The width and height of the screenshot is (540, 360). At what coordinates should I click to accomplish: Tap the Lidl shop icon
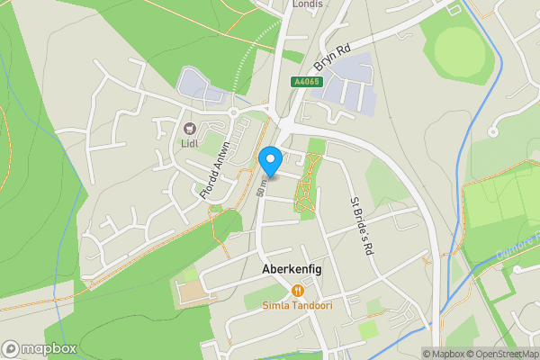pos(190,128)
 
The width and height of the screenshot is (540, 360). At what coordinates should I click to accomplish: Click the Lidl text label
pos(190,142)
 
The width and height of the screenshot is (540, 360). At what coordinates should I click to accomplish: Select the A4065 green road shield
pos(305,82)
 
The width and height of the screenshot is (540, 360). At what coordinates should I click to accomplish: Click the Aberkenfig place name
pos(292,269)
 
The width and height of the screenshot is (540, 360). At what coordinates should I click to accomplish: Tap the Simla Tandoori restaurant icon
pos(297,291)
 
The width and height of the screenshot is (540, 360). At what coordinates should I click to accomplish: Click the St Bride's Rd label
pos(362,225)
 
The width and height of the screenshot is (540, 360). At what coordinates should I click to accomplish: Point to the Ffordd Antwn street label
pos(215,171)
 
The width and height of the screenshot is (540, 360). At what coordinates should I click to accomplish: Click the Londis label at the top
pos(307,4)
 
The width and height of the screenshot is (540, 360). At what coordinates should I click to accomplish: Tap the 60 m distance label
pos(261,189)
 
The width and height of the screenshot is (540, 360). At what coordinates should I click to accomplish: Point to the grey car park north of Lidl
pos(200,85)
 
